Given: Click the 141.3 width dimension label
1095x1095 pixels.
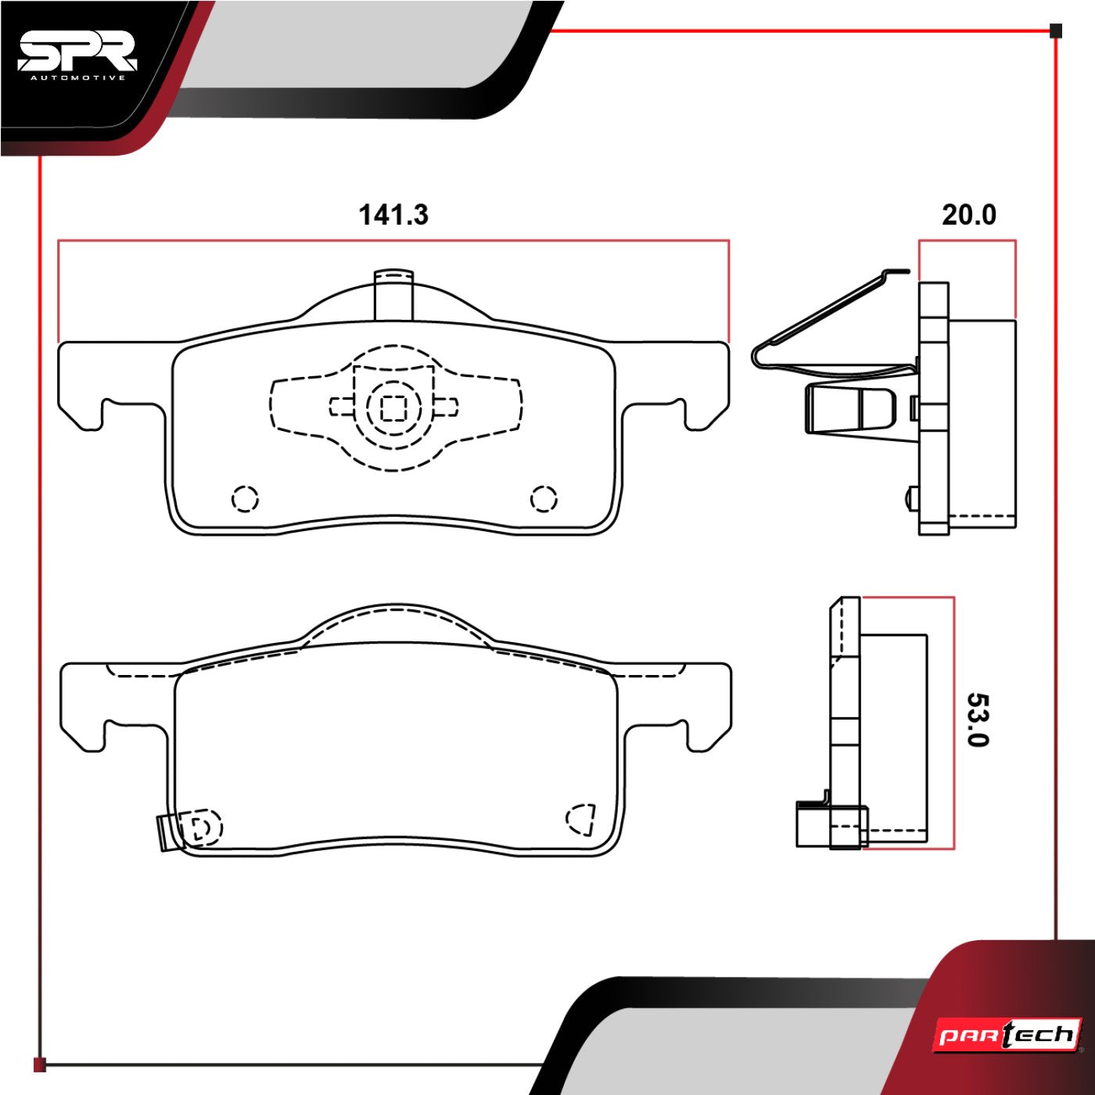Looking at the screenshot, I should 393,214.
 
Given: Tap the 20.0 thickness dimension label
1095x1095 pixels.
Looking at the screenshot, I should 968,214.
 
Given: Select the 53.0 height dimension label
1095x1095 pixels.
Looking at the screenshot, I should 977,720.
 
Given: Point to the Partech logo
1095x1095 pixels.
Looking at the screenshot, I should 1007,1036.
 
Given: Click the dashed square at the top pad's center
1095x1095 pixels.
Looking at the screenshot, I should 393,407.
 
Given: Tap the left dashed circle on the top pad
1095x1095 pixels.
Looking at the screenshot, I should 245,498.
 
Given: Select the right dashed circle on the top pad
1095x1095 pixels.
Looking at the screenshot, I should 544,498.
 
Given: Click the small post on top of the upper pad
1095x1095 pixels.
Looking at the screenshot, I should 393,295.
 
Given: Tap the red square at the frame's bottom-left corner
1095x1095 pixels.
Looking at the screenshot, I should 40,1064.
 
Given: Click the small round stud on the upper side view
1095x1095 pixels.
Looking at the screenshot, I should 910,497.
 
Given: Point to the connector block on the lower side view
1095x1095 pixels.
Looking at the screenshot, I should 813,824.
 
